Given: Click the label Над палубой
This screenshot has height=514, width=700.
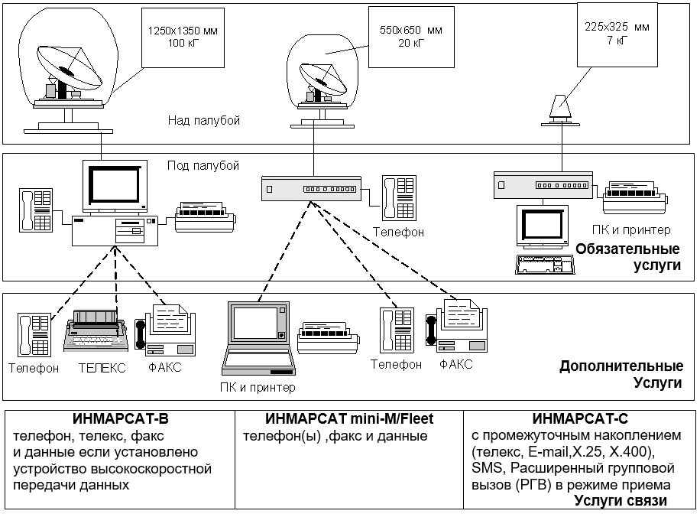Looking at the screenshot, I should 204,120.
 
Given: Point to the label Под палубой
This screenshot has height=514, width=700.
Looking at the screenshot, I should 203,165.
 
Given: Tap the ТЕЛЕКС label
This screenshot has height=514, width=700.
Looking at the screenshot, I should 102,368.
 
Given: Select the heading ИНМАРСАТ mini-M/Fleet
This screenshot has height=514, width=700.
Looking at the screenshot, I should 349,419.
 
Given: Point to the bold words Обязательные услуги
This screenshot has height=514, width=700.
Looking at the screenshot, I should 628,256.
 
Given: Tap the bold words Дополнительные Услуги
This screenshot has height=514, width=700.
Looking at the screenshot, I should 621,373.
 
